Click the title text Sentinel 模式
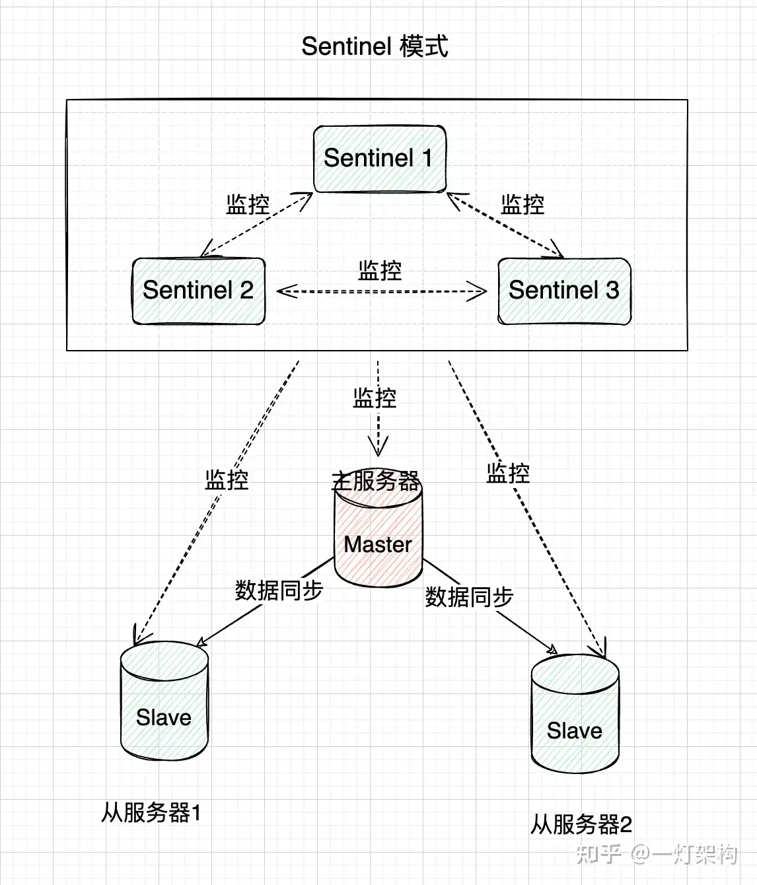tap(375, 46)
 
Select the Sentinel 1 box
tap(380, 159)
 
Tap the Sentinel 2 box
tap(198, 291)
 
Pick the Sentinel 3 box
tap(564, 291)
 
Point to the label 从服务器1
tap(151, 812)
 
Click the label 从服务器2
tap(581, 824)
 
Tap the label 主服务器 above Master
tap(375, 480)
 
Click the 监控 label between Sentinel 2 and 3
tap(380, 270)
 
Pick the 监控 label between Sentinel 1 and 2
tap(248, 204)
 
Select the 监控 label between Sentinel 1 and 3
tap(523, 204)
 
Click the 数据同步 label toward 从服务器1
tap(279, 590)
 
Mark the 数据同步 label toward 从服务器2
tap(469, 596)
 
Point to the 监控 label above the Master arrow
tap(375, 398)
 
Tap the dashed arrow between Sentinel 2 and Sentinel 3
tap(381, 291)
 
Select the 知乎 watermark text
tap(598, 854)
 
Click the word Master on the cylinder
tap(378, 544)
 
